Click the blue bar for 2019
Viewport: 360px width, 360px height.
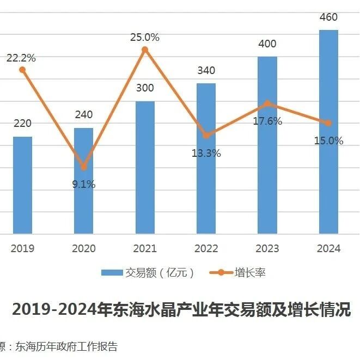[x=22, y=185]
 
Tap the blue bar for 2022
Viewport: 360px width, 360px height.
[x=206, y=158]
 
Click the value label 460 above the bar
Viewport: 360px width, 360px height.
[x=328, y=17]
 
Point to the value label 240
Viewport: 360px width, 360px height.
[x=83, y=114]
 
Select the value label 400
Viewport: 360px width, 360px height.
[x=267, y=44]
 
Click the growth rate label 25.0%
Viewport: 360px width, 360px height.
[x=145, y=38]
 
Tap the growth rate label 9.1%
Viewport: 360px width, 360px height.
[x=83, y=184]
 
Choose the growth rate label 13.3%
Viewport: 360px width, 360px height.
[x=206, y=153]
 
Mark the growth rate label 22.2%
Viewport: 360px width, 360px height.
[x=22, y=58]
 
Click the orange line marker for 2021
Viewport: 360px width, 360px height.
[x=145, y=50]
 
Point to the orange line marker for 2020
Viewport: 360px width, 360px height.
[x=83, y=167]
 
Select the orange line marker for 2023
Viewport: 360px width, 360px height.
[x=267, y=103]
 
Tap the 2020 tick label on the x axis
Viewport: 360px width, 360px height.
[x=83, y=248]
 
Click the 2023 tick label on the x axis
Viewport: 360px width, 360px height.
[x=267, y=248]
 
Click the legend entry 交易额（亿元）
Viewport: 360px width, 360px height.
[x=148, y=273]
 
